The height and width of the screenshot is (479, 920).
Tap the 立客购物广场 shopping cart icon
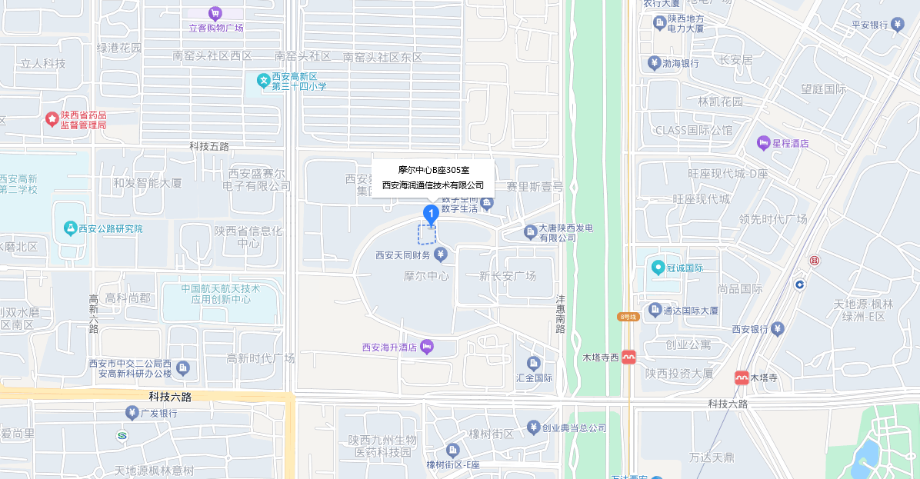(x=215, y=13)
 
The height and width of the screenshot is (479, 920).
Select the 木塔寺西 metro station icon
(x=629, y=358)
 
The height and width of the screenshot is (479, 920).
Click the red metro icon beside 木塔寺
(x=742, y=378)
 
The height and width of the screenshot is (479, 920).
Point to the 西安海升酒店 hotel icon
(x=427, y=348)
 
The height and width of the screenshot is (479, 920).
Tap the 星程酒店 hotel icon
(x=763, y=143)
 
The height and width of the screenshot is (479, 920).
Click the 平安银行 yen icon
(x=897, y=25)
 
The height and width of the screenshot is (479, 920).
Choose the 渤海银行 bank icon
(x=654, y=63)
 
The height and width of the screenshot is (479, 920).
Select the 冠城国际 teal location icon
(x=658, y=268)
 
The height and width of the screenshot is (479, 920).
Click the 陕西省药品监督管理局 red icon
(x=52, y=119)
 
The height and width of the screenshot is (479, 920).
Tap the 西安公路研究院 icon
(x=70, y=228)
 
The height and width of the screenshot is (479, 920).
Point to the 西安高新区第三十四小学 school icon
(x=263, y=80)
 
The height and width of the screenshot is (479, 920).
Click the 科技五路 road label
(x=209, y=146)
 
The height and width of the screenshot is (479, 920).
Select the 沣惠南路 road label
(x=561, y=313)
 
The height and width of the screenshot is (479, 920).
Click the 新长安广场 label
(x=507, y=275)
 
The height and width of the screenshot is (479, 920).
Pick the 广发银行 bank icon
(x=132, y=413)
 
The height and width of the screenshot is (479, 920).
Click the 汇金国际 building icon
(x=534, y=363)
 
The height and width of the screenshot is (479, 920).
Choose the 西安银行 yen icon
(x=778, y=329)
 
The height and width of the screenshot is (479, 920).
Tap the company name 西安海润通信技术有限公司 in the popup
(x=433, y=185)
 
